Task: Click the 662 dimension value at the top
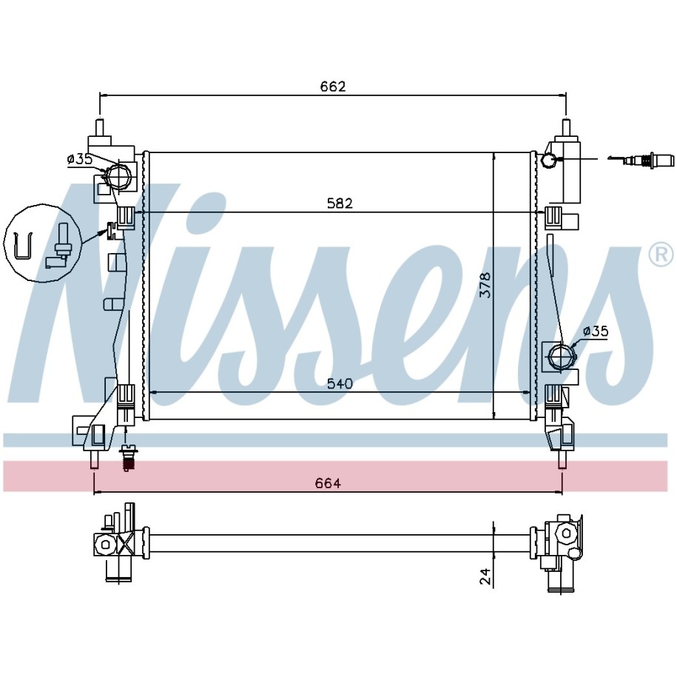[x=333, y=87]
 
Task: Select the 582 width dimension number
[x=340, y=203]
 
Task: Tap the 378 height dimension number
[x=485, y=285]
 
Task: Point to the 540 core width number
[x=340, y=383]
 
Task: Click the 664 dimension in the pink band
[x=328, y=483]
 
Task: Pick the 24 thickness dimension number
[x=485, y=576]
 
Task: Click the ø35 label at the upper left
[x=80, y=159]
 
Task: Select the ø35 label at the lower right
[x=596, y=331]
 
